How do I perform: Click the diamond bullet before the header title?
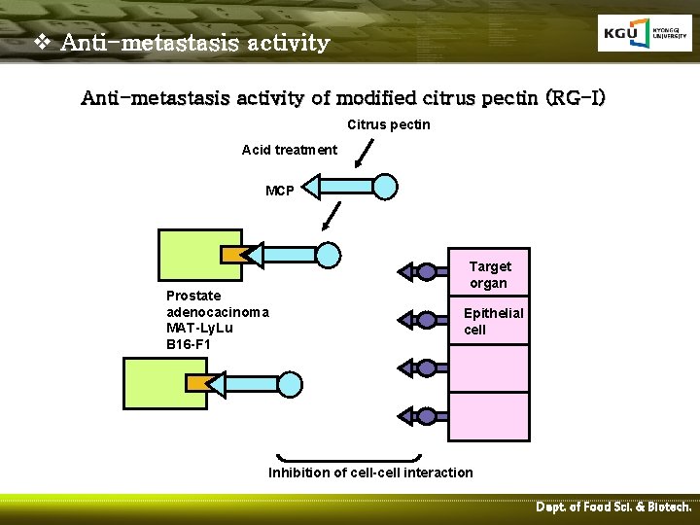pyautogui.click(x=42, y=43)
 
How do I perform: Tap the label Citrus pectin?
pyautogui.click(x=388, y=124)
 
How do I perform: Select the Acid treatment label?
pyautogui.click(x=290, y=150)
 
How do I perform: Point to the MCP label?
pyautogui.click(x=280, y=190)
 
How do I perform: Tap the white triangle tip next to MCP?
pyautogui.click(x=308, y=186)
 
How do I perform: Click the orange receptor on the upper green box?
pyautogui.click(x=233, y=255)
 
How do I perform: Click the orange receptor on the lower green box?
pyautogui.click(x=198, y=382)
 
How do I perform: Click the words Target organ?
pyautogui.click(x=489, y=274)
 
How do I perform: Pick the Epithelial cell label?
pyautogui.click(x=493, y=321)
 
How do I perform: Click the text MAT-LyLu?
pyautogui.click(x=199, y=328)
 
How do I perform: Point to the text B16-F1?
pyautogui.click(x=189, y=344)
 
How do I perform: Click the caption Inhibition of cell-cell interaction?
pyautogui.click(x=370, y=472)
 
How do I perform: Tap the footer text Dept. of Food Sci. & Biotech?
pyautogui.click(x=612, y=507)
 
